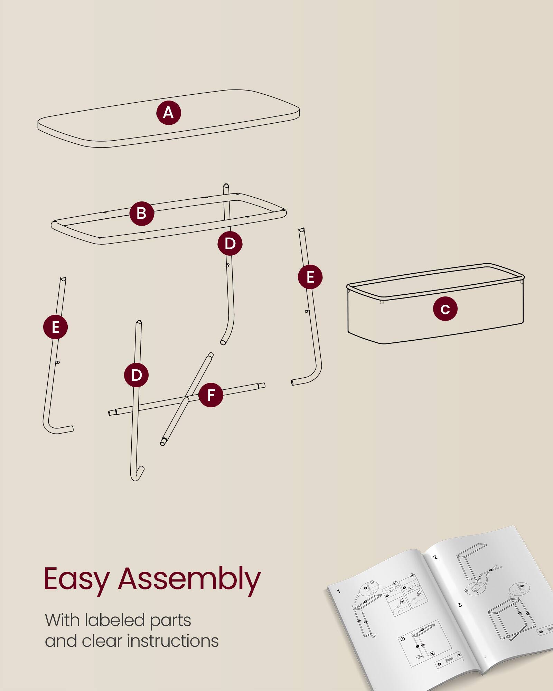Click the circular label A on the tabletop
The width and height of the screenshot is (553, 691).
click(169, 113)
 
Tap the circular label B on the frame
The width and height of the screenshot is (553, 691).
click(142, 214)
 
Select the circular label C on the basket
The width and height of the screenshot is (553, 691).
click(445, 309)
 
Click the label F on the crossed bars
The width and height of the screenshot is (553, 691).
click(211, 395)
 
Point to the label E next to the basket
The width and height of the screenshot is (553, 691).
click(310, 277)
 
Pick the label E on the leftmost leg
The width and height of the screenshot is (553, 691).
click(55, 327)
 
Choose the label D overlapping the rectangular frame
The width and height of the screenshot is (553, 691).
click(230, 244)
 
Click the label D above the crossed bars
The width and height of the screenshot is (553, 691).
click(136, 375)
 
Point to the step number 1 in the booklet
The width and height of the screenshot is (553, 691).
click(339, 591)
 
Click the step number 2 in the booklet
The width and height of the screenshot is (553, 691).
click(435, 557)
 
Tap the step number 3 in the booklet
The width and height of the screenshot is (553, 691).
click(460, 605)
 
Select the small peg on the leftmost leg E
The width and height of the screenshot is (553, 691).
click(58, 362)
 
